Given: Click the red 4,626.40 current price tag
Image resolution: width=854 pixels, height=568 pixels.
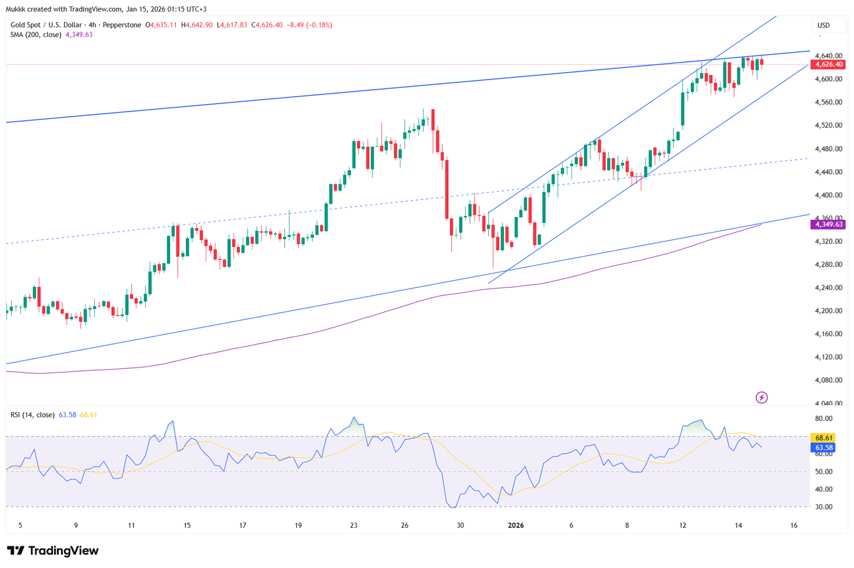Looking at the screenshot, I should coord(828,64).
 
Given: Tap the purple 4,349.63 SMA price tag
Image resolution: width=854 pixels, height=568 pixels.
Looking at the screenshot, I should coord(828,225).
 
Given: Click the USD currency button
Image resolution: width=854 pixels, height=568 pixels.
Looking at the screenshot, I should coord(823,25).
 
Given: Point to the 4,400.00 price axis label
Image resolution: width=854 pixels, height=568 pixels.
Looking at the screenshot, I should coord(828,195).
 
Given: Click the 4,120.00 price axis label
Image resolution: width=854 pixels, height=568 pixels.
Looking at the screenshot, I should coord(828,357).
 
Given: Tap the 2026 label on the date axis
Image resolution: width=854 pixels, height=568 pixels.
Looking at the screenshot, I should coord(515,525).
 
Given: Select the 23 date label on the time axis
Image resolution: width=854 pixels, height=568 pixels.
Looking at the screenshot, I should coord(353,525).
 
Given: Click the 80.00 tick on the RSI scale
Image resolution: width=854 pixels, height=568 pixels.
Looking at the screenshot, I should coord(823,419).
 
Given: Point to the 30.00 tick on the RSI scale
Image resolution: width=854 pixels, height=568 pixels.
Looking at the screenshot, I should coord(823,507).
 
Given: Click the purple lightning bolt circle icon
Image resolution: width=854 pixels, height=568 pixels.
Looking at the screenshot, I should coord(761,397).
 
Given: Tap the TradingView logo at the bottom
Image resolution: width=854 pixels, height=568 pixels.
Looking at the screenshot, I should coord(52,551).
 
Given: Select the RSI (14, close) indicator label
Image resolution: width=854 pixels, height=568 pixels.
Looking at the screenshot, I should coord(32,415).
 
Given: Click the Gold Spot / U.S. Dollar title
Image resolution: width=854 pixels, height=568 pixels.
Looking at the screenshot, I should coord(46,25).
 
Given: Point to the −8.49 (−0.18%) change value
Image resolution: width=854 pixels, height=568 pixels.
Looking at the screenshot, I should coord(309,25).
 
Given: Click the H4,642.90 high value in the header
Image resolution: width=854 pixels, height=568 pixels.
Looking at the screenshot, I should coord(197,25).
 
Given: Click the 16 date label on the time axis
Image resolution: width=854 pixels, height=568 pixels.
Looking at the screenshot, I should coord(793,525).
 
